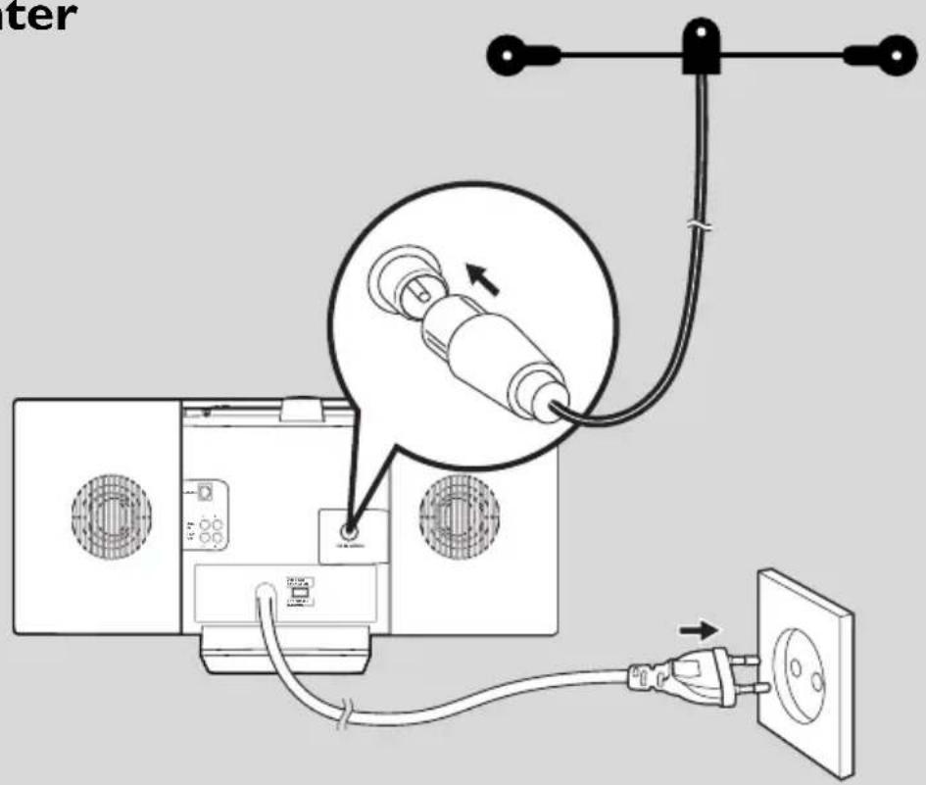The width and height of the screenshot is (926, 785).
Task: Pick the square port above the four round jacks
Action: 205,493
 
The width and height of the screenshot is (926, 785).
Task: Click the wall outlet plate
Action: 805,665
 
